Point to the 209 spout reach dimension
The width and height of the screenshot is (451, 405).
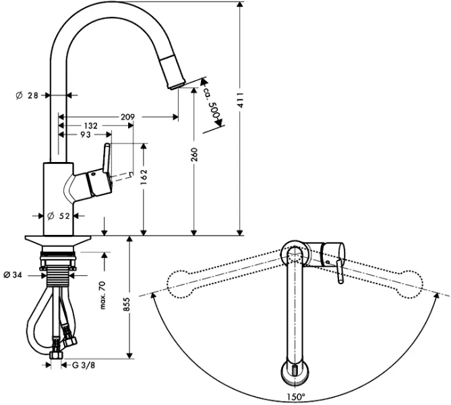click(x=128, y=117)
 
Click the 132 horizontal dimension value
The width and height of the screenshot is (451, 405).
click(x=90, y=126)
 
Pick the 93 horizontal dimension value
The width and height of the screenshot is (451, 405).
click(x=85, y=135)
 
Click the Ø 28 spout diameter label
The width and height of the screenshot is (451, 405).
click(x=27, y=97)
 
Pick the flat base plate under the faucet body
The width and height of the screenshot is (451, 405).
click(x=58, y=240)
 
